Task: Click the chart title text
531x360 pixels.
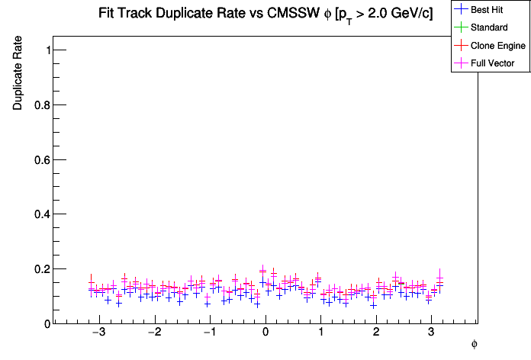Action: coord(265,14)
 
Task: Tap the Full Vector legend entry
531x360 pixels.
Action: coord(493,63)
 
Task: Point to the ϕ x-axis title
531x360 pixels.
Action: coord(474,345)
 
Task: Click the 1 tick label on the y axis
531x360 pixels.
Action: coord(47,50)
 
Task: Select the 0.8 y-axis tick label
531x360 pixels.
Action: coord(43,105)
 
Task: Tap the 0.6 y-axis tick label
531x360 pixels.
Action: coord(43,159)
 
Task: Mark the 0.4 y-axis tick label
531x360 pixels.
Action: coord(43,214)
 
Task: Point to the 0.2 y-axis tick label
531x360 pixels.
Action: coord(43,269)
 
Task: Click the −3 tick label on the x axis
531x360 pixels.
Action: coord(98,334)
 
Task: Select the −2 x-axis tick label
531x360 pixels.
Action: coord(153,334)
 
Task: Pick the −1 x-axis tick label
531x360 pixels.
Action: coord(209,334)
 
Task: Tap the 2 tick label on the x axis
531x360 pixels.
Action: coord(376,334)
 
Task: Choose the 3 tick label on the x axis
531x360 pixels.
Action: coord(432,334)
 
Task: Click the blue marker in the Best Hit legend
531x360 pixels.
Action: coord(461,10)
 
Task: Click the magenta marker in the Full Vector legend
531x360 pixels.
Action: coord(461,63)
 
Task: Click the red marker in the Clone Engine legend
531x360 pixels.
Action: coord(461,46)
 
